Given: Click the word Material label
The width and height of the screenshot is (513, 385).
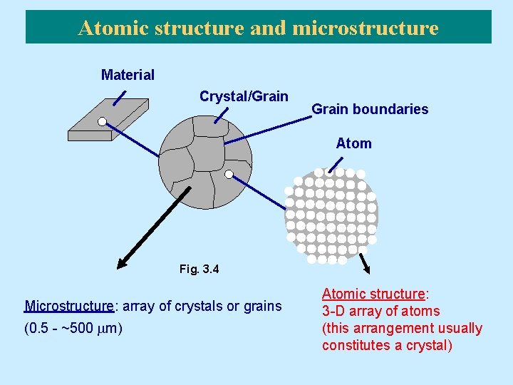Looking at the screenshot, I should pos(128,75).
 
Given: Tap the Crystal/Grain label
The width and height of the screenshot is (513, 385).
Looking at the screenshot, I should pos(244,96).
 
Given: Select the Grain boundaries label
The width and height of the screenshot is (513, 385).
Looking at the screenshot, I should pos(370,109).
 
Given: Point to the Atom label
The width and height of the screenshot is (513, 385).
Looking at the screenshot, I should pos(354,143).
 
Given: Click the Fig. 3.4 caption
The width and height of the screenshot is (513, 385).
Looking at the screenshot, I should pos(199,269).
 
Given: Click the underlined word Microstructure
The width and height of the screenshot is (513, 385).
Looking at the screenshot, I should pos(69,306).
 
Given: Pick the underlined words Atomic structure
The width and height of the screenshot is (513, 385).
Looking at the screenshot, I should pos(373,294).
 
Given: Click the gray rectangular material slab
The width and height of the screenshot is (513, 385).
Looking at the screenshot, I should pos(107,118).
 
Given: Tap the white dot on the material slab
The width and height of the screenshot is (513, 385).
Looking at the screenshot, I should pos(102,122).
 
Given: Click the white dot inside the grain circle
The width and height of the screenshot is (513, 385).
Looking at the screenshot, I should pos(229,174).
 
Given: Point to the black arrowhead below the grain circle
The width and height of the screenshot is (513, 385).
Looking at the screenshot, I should pos(123,264).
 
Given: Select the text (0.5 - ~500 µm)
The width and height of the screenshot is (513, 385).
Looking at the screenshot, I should pos(73,329).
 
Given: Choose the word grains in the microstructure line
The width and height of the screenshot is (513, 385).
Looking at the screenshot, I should pos(263,306).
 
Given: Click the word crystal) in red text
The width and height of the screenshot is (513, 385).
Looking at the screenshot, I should pos(429,346).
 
